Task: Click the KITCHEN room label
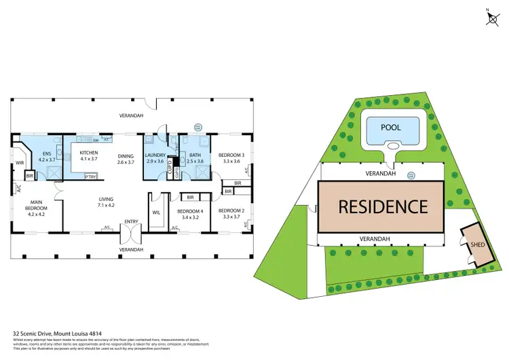[x=90, y=153]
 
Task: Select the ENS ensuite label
[x=47, y=154]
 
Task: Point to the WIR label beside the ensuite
[x=20, y=163]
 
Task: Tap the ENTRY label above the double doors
[x=130, y=222]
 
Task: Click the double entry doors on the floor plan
[x=130, y=235]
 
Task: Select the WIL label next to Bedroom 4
[x=156, y=213]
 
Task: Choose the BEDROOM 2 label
[x=231, y=210]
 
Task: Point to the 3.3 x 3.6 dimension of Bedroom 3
[x=231, y=161]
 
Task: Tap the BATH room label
[x=195, y=154]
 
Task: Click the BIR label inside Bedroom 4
[x=191, y=197]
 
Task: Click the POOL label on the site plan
[x=390, y=127]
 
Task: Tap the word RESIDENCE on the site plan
[x=383, y=206]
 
